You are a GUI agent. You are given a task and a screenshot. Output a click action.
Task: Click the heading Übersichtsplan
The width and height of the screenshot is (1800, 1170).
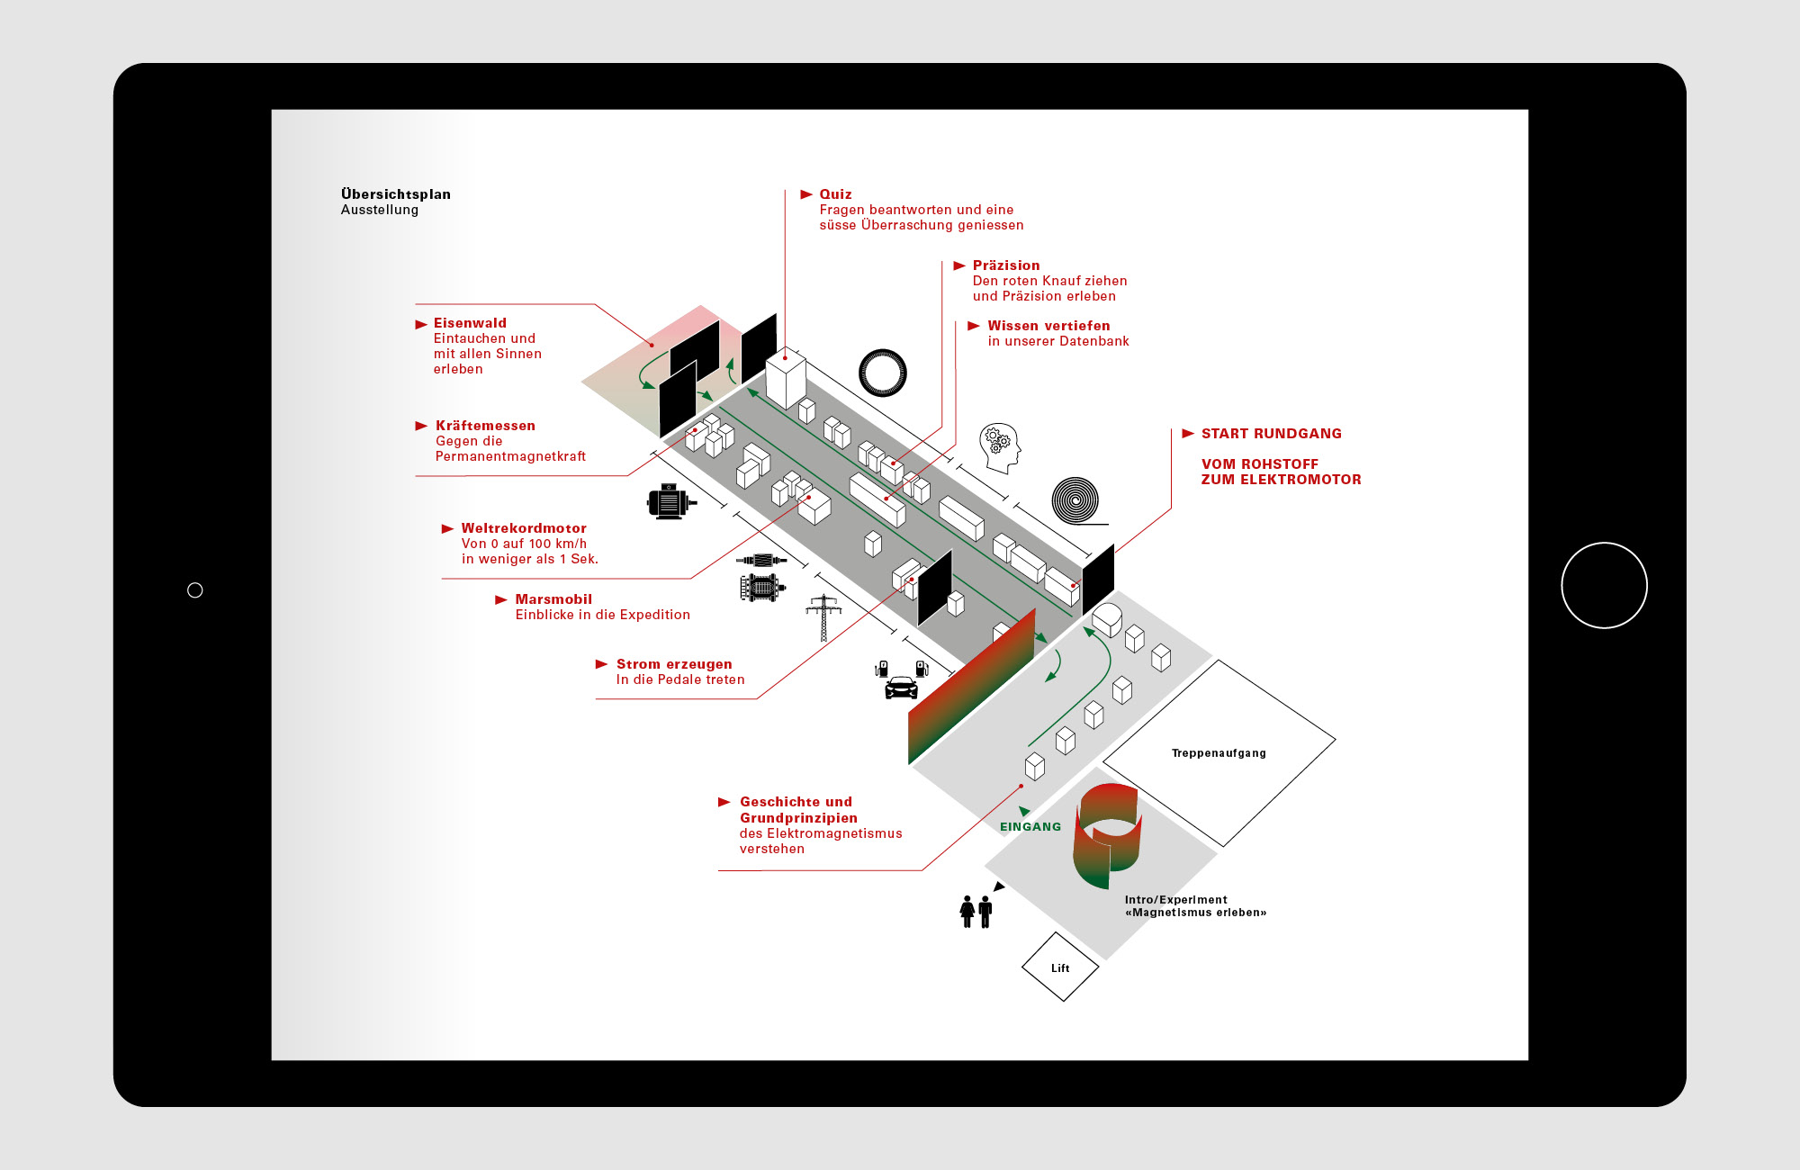pyautogui.click(x=395, y=194)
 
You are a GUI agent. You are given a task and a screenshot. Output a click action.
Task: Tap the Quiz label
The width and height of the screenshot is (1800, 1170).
pyautogui.click(x=835, y=194)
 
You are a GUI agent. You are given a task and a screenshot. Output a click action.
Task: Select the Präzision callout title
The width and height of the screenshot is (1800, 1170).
pyautogui.click(x=1005, y=265)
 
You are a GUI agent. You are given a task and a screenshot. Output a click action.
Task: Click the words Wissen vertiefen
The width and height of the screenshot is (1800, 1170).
pyautogui.click(x=1048, y=326)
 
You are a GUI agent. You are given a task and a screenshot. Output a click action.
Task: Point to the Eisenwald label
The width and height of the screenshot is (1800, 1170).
pyautogui.click(x=470, y=323)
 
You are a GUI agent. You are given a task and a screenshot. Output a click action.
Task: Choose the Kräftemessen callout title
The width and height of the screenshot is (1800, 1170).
pyautogui.click(x=485, y=426)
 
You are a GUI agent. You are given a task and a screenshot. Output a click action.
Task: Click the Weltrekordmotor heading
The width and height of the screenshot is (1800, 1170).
pyautogui.click(x=524, y=528)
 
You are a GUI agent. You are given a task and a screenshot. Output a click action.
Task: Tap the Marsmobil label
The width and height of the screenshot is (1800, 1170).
pyautogui.click(x=553, y=599)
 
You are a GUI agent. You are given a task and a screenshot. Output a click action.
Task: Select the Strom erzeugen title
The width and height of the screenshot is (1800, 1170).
pyautogui.click(x=674, y=664)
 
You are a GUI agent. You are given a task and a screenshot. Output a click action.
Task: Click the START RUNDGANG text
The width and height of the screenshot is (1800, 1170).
pyautogui.click(x=1271, y=434)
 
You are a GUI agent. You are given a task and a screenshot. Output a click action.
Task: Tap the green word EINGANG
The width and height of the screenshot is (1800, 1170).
pyautogui.click(x=1030, y=826)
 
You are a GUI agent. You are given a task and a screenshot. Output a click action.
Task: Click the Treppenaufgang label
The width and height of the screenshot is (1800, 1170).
pyautogui.click(x=1219, y=753)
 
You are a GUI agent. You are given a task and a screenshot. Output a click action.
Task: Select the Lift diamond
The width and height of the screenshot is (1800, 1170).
pyautogui.click(x=1060, y=967)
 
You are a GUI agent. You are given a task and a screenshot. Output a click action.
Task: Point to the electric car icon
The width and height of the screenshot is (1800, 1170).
pyautogui.click(x=901, y=688)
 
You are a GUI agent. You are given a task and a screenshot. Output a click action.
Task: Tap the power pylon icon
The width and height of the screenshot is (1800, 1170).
pyautogui.click(x=823, y=617)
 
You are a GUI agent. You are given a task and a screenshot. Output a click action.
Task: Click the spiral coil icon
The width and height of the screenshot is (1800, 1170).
pyautogui.click(x=1075, y=500)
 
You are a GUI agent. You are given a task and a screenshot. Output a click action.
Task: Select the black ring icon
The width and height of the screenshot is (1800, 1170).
pyautogui.click(x=882, y=373)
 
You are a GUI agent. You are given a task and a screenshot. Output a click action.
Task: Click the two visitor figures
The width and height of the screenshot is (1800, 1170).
pyautogui.click(x=976, y=911)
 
